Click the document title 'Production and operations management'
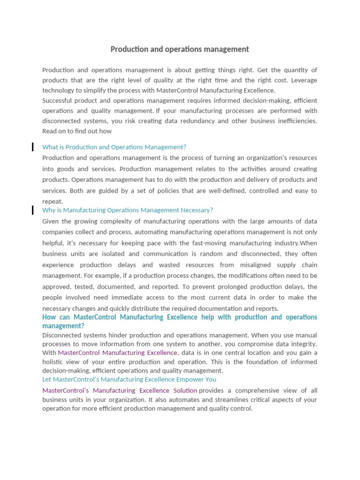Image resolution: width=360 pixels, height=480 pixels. [180, 49]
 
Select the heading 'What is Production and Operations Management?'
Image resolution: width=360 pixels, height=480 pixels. [114, 147]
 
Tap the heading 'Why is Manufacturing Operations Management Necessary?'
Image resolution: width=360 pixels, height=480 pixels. [127, 210]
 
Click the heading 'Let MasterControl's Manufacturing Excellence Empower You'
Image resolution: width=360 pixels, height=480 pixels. [129, 379]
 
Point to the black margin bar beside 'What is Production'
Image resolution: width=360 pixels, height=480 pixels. [32, 147]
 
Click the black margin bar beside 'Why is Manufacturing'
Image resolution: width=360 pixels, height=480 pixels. [32, 210]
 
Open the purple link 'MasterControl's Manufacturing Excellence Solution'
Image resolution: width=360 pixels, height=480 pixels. [120, 390]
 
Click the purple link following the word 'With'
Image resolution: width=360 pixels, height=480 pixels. [117, 352]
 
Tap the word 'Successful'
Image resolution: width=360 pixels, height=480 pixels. [57, 101]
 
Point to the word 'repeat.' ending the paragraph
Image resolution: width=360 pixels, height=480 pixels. [52, 202]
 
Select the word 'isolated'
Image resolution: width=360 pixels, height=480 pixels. [115, 254]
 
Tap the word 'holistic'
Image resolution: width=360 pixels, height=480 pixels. [52, 362]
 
